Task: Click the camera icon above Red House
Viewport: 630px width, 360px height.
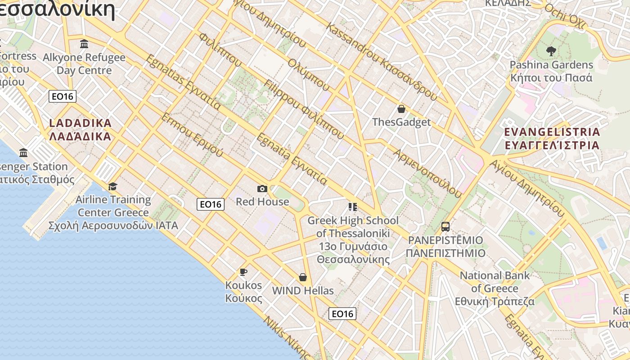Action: click(x=262, y=189)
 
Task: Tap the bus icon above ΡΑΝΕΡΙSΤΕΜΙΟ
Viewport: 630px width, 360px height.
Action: click(x=445, y=227)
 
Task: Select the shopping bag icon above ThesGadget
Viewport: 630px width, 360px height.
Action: click(x=401, y=109)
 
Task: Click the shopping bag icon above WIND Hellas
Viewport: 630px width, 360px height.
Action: click(x=303, y=277)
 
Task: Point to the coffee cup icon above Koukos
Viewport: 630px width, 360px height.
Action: click(x=243, y=272)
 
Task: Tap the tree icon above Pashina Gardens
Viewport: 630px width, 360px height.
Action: click(x=551, y=51)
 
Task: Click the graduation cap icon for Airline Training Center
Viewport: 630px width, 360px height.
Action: click(x=112, y=186)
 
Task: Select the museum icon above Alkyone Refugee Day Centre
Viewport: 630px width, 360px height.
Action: click(x=84, y=44)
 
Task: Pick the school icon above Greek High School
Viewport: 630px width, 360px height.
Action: click(x=353, y=207)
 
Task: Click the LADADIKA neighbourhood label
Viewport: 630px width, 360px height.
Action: click(x=80, y=130)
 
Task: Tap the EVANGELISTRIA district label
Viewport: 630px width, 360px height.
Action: click(x=552, y=139)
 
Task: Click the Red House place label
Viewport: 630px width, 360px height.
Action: click(x=262, y=202)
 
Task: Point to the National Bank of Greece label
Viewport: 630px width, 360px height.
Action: click(x=495, y=288)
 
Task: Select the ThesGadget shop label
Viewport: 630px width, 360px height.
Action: click(x=401, y=122)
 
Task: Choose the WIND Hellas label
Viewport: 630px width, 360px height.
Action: click(x=303, y=291)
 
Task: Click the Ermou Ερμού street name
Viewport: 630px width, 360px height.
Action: click(x=192, y=135)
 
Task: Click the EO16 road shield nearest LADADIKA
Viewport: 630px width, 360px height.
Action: click(x=63, y=96)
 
